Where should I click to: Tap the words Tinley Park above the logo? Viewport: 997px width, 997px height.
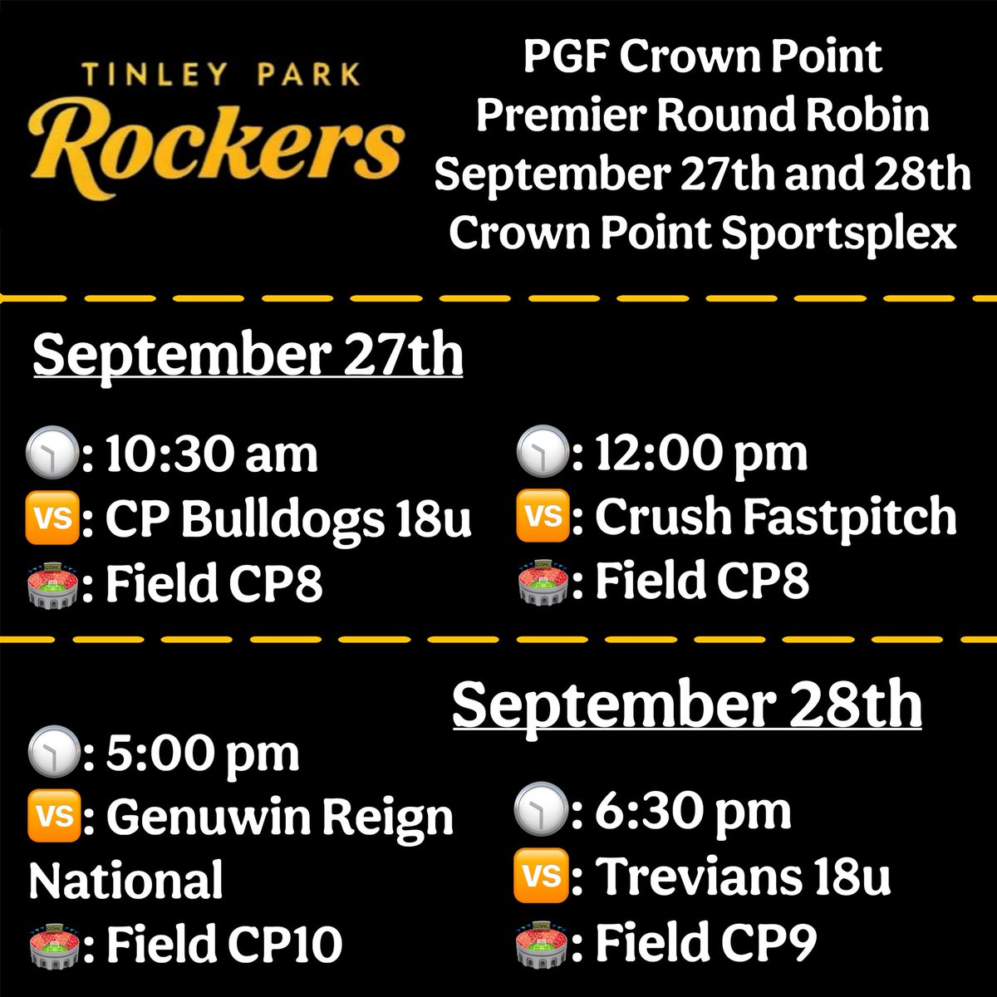(221, 75)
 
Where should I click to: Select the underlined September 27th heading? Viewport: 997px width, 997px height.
(247, 356)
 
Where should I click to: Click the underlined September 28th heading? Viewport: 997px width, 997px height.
(687, 705)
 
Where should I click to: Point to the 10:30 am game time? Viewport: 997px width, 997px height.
(211, 454)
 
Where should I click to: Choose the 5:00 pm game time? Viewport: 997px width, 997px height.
(202, 754)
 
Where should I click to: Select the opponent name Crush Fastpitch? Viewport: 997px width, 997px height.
(775, 517)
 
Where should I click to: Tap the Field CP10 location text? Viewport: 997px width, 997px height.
(223, 944)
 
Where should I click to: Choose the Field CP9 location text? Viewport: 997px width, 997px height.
(705, 942)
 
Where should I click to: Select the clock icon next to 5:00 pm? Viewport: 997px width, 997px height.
(53, 754)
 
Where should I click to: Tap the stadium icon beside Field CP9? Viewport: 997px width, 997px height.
(543, 942)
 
